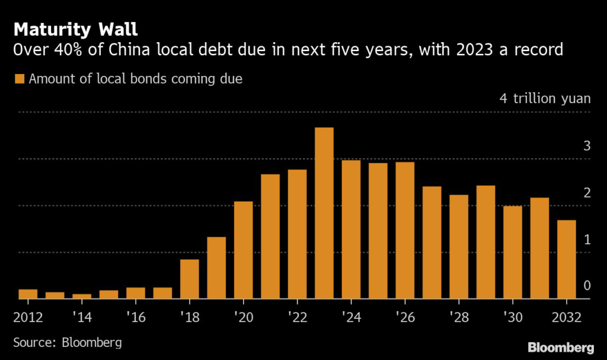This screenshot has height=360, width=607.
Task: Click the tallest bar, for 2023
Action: (324, 214)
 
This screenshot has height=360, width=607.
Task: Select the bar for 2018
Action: (189, 279)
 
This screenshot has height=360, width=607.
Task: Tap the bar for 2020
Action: (243, 250)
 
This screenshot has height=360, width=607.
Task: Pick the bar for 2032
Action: (566, 260)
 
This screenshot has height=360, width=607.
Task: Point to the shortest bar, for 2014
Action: (81, 297)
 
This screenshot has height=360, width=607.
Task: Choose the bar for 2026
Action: (405, 231)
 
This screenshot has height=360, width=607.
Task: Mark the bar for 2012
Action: (28, 294)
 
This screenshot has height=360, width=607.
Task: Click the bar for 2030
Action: (513, 253)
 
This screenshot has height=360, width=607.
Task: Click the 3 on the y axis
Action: (587, 146)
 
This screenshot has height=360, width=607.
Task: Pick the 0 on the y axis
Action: (587, 286)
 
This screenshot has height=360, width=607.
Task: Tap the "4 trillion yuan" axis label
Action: (545, 98)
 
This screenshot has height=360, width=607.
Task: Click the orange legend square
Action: (20, 79)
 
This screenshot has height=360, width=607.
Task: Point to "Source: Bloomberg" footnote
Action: (67, 343)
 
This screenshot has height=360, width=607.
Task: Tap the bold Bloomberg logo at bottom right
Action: (560, 346)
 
